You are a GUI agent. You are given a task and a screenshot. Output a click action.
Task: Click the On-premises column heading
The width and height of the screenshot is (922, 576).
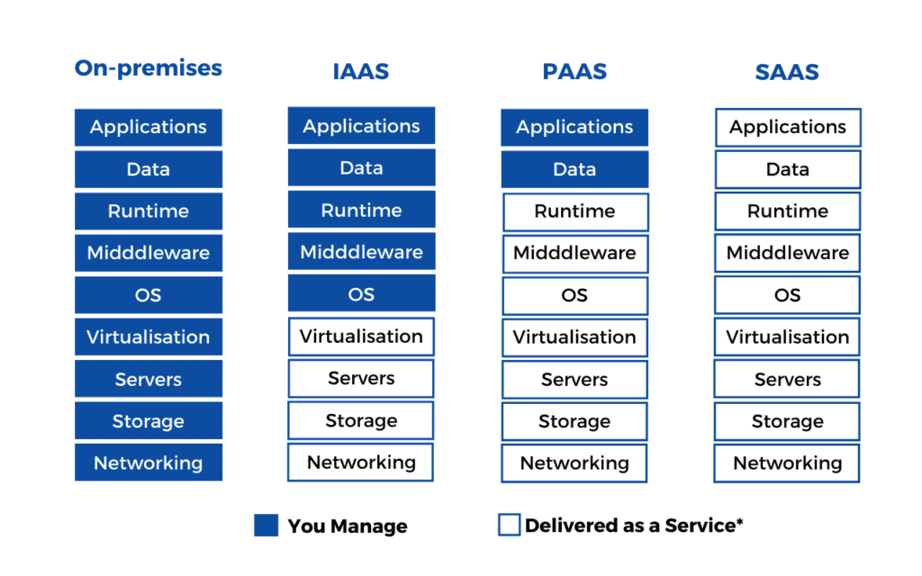tap(149, 68)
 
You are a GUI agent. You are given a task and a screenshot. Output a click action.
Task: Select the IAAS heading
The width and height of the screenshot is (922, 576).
tap(361, 72)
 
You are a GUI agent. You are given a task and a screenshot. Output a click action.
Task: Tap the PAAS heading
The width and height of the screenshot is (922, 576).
tap(574, 72)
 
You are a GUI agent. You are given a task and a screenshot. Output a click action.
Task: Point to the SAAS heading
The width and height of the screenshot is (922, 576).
tap(787, 72)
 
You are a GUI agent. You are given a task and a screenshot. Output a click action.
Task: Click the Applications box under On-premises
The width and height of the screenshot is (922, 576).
tap(149, 127)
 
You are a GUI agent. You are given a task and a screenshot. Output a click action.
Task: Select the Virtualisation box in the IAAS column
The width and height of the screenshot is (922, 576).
tap(361, 337)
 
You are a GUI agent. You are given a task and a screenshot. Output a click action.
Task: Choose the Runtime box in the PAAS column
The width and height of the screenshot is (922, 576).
tap(575, 211)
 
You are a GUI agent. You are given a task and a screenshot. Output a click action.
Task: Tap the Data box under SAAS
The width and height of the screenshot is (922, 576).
tap(788, 170)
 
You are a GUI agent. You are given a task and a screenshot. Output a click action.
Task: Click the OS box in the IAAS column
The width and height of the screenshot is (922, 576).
tap(361, 294)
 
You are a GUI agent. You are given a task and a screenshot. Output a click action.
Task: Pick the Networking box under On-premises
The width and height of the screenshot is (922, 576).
tap(149, 463)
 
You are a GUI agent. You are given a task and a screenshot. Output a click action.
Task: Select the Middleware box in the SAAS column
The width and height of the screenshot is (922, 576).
tap(787, 253)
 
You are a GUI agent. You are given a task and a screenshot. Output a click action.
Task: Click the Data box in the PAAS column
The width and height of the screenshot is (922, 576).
tap(574, 170)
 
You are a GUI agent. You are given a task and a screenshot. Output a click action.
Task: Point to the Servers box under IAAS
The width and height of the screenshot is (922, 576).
tap(361, 379)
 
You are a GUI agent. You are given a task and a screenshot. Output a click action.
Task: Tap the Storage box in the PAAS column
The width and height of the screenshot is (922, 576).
tap(574, 421)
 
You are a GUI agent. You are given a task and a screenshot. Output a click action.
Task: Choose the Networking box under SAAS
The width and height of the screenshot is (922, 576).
tap(787, 463)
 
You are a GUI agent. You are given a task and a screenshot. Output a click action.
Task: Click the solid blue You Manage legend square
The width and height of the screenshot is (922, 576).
tap(266, 526)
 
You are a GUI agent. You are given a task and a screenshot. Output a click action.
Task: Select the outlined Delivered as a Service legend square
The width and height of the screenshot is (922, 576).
tap(510, 525)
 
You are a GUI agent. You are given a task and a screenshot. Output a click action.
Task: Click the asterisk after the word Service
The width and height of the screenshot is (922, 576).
tap(740, 521)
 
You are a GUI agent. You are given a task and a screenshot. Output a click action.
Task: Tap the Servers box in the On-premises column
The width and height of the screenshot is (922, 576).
tap(149, 379)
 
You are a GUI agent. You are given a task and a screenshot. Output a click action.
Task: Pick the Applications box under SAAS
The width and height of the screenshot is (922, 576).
tap(788, 128)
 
